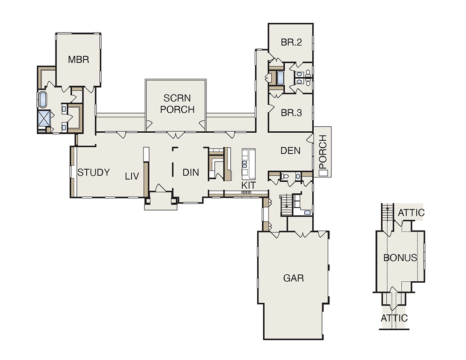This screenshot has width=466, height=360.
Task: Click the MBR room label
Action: coord(78,60)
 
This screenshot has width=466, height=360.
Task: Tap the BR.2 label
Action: coord(291,42)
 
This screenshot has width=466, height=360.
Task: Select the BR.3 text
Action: coord(291,113)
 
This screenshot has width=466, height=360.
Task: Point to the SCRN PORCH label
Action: coord(177,104)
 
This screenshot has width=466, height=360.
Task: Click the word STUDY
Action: coord(94,173)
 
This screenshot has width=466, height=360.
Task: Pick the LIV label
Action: coord(132,177)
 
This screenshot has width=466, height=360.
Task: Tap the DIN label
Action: coord(191,172)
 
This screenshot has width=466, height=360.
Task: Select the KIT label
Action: coord(248,185)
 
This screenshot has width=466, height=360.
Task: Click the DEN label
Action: coord(290,150)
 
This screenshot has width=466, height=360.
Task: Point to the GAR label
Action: coord(293,278)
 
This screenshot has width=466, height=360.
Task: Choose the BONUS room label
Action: coord(400,258)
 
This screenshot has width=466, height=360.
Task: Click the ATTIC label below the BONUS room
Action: coord(394,318)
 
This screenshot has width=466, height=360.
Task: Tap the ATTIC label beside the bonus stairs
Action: coord(411,213)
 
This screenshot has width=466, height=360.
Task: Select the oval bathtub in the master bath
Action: coord(42,100)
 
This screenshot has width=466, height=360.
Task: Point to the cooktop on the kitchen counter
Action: coord(247,193)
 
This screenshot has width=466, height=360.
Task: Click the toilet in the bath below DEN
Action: coord(284,176)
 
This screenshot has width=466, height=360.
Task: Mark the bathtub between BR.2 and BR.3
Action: coord(280,78)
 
